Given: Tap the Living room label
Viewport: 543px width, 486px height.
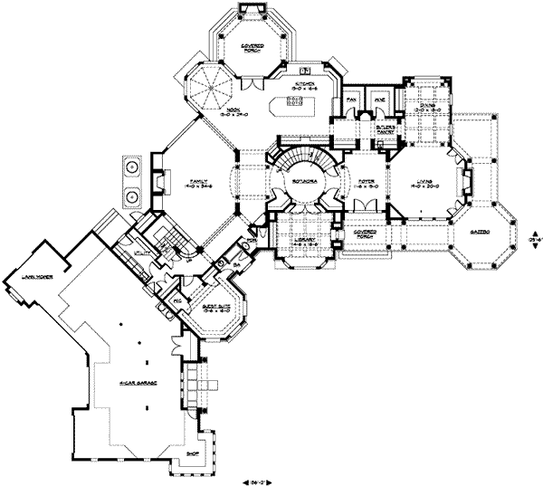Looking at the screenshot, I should [x=418, y=181].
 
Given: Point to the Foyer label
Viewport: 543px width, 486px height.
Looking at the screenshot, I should [x=365, y=182].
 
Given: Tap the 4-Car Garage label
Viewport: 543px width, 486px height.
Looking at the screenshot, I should [x=137, y=384].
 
